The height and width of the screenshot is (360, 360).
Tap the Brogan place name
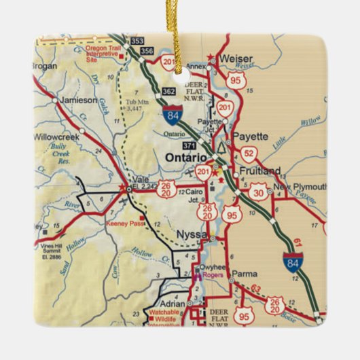(44, 67)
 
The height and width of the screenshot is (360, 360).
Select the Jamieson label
(78, 100)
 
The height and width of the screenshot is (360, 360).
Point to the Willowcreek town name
(62, 137)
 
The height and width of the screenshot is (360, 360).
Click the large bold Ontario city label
(186, 157)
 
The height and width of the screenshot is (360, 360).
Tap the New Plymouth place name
(300, 187)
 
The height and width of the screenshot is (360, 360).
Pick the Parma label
(244, 274)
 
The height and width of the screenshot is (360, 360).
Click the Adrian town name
(173, 304)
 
